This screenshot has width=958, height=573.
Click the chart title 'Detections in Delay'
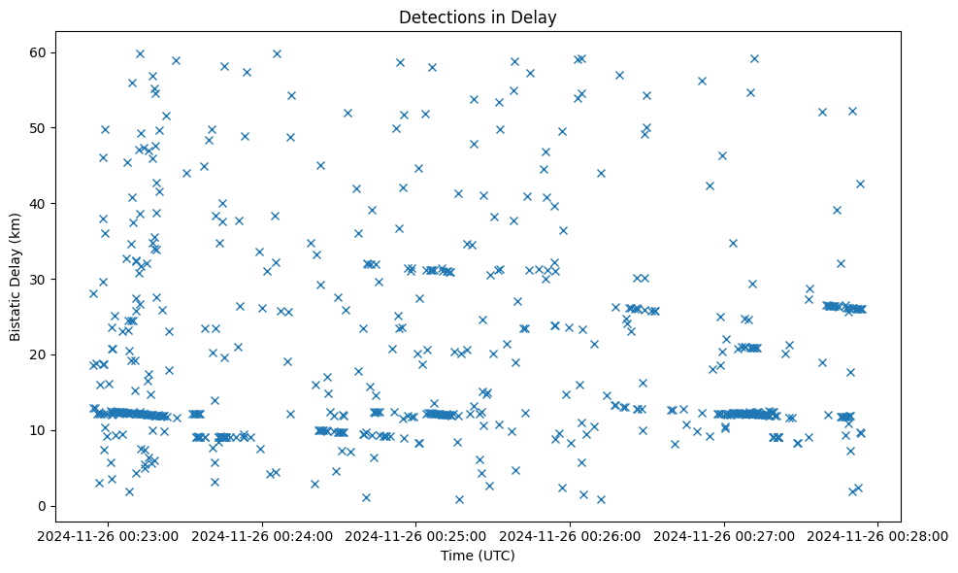coord(478,17)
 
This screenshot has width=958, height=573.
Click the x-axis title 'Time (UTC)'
coord(478,556)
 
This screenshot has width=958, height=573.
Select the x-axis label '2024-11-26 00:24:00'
coord(261,535)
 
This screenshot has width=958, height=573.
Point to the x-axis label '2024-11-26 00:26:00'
coord(570,535)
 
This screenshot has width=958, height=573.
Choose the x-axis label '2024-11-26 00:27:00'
coord(724,535)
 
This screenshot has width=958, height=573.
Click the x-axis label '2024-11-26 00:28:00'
coord(878,535)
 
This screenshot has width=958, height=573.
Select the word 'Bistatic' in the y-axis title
coord(16,311)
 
